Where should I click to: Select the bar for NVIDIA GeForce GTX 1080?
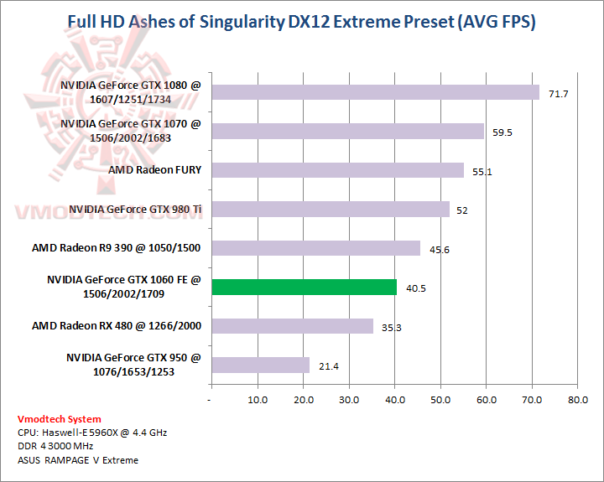(x=375, y=92)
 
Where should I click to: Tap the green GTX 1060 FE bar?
(x=304, y=287)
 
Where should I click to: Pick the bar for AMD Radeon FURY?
(x=337, y=170)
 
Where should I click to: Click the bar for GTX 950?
(x=260, y=365)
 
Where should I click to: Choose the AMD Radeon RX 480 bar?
(x=292, y=326)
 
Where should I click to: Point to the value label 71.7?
(x=559, y=94)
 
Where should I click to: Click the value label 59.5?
(x=503, y=132)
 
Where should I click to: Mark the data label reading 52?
(x=462, y=210)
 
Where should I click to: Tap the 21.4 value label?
(x=329, y=366)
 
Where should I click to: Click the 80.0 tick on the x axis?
(x=577, y=400)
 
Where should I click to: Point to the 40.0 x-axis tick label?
(x=394, y=400)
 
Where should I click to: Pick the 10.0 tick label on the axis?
(x=258, y=400)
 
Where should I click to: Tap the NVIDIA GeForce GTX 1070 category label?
(x=131, y=131)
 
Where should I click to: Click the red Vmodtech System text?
(x=59, y=419)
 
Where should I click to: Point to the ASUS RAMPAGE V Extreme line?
(x=77, y=459)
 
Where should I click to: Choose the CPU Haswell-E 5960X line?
(x=91, y=433)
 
